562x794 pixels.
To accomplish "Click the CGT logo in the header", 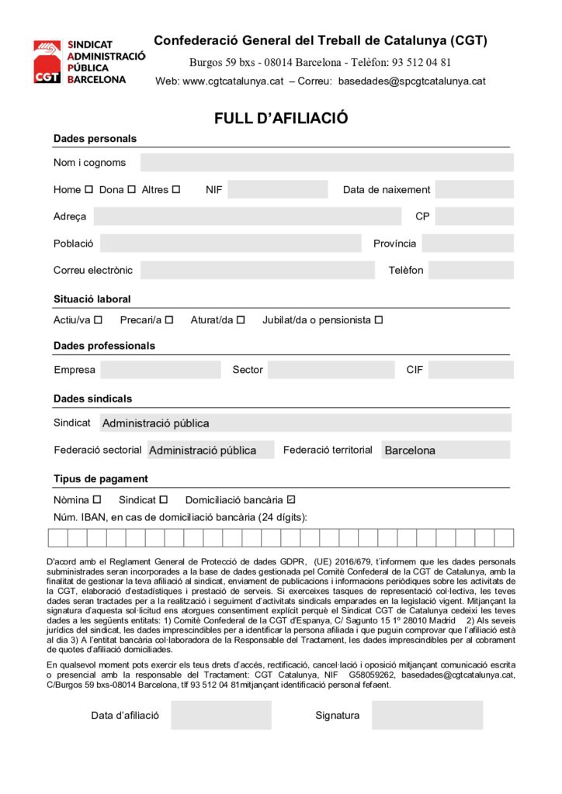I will (x=47, y=61).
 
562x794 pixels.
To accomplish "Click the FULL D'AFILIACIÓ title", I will (x=281, y=119).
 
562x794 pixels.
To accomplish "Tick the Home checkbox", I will (x=88, y=189).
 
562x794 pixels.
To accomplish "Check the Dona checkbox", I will (x=131, y=189).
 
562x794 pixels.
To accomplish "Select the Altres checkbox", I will (x=176, y=189).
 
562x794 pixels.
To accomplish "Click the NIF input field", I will (x=277, y=189).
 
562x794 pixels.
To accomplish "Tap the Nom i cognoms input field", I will (x=326, y=162).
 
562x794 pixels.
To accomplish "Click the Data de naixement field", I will (x=474, y=189).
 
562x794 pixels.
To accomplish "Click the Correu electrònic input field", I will (x=257, y=270).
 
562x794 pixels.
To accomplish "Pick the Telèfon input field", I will (x=470, y=270).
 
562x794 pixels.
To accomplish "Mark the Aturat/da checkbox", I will (x=241, y=319).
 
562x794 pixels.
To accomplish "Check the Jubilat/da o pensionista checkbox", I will (x=379, y=319).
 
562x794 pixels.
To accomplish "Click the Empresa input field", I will (x=160, y=370).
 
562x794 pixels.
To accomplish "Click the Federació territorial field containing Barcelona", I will (x=446, y=450).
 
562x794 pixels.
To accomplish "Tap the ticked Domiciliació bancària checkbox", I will (x=291, y=499).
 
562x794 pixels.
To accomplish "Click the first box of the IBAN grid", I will (x=57, y=537).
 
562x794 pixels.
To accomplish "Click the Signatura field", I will (x=426, y=715).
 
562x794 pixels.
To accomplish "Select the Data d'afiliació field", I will (x=221, y=715).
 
